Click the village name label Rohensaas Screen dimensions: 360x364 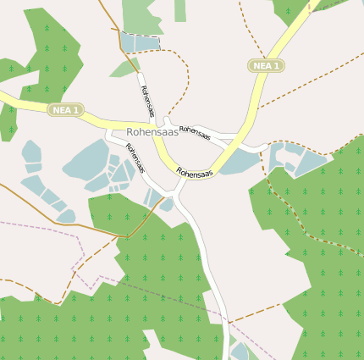coord(152,132)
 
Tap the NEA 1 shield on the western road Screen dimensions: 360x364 coord(64,110)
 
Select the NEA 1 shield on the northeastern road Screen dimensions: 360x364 coord(266,65)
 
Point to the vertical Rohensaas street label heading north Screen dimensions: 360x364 coord(147,100)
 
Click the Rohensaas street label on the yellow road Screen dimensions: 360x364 coord(194,173)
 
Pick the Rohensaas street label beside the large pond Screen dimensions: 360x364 coord(135,158)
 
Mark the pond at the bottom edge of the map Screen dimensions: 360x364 coord(241,352)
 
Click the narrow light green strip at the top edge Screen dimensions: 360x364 coord(180,10)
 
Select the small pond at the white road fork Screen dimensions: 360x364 coord(167,204)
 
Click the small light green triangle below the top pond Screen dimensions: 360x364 coord(124,68)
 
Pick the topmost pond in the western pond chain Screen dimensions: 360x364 coord(32,152)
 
